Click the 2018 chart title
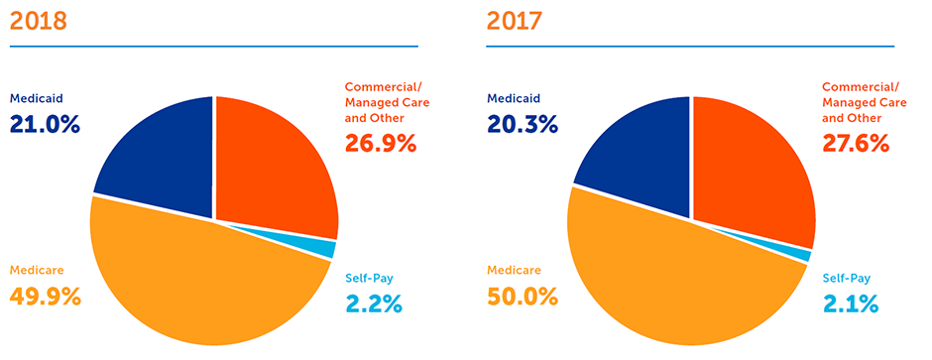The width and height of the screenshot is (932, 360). tap(37, 21)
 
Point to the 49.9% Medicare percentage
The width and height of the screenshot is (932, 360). tap(45, 296)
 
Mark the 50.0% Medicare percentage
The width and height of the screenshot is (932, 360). tap(523, 296)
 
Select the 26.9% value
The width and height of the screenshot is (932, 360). tap(381, 143)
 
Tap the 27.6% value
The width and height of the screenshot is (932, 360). tap(859, 143)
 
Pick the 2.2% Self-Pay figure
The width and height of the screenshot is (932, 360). tap(373, 303)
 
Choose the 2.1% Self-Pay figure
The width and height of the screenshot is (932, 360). tap(850, 303)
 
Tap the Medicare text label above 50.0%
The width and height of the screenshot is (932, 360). tap(514, 270)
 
